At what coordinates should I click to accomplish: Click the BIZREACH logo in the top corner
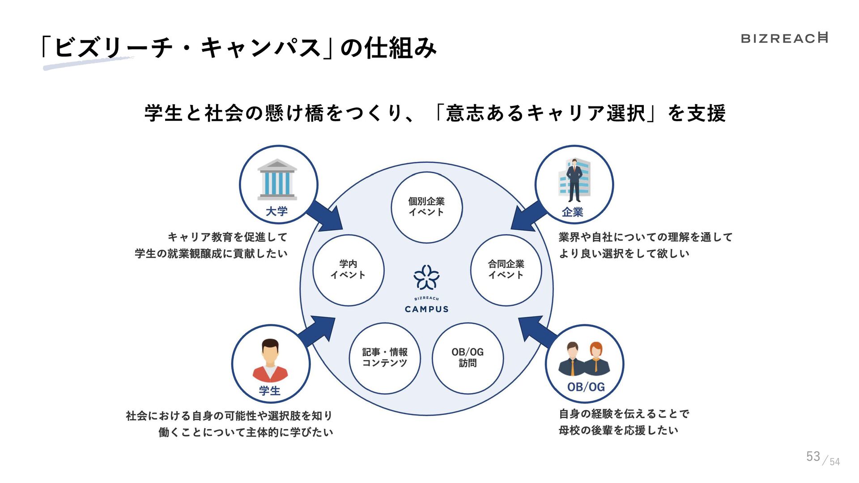(x=784, y=38)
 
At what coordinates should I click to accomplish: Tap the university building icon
(x=277, y=180)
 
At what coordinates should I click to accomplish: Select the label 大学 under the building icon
(x=276, y=212)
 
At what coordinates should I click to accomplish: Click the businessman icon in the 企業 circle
(x=574, y=180)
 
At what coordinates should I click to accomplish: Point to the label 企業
(x=573, y=212)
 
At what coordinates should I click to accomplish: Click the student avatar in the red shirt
(x=270, y=360)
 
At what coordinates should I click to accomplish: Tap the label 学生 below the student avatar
(x=269, y=390)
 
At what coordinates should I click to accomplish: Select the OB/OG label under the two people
(x=586, y=387)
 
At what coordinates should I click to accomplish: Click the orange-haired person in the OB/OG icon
(x=596, y=358)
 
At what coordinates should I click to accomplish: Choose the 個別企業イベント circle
(x=426, y=207)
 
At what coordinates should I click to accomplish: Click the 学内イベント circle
(x=348, y=270)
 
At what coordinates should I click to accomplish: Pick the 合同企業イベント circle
(x=506, y=270)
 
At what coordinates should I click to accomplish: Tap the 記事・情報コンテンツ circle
(x=385, y=358)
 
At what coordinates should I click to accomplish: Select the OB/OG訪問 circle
(x=468, y=358)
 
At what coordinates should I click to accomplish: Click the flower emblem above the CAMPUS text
(x=426, y=277)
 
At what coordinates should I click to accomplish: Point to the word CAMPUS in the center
(x=426, y=309)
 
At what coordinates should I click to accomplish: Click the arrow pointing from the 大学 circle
(x=326, y=216)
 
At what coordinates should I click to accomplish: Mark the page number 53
(x=813, y=456)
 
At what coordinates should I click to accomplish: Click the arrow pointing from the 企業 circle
(x=528, y=217)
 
